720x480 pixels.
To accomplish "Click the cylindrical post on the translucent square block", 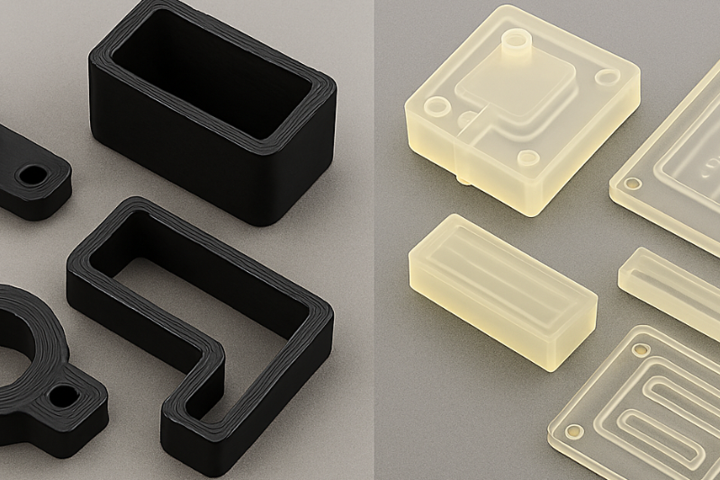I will click(516, 42).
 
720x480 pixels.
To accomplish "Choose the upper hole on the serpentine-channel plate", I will click(641, 348).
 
